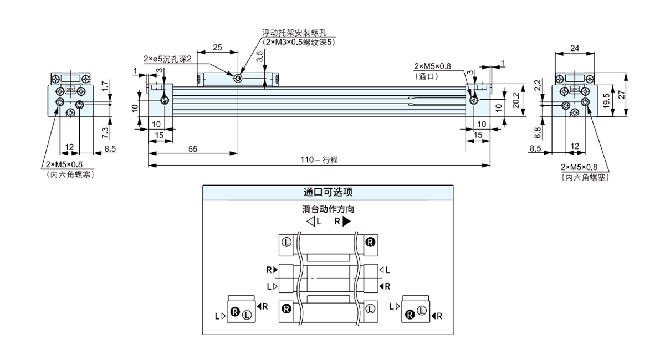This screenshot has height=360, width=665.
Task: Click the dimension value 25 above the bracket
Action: click(217, 48)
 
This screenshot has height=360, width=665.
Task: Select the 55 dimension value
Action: click(192, 149)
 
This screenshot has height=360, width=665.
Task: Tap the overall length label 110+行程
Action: click(319, 160)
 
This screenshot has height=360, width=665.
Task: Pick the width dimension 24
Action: click(575, 48)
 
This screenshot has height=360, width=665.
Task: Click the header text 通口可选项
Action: click(328, 192)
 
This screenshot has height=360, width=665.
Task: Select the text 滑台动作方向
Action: click(328, 210)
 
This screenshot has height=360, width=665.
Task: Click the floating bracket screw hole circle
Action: click(238, 79)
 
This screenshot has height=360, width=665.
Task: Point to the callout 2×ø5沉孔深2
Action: click(167, 59)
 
